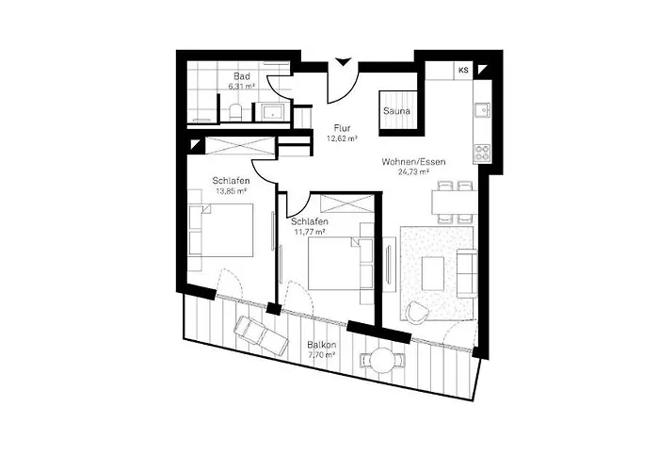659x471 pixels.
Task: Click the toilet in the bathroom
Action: [x=234, y=112]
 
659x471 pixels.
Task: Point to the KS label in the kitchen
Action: [x=463, y=71]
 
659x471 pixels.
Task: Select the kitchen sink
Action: [x=481, y=109]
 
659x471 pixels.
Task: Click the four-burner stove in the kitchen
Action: [x=481, y=152]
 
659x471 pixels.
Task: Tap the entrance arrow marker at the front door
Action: [x=343, y=64]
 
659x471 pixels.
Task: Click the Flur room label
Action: [x=343, y=127]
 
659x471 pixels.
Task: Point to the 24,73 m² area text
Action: [x=412, y=173]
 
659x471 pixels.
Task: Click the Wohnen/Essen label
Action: [x=413, y=162]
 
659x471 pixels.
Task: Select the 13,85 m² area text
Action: [x=231, y=191]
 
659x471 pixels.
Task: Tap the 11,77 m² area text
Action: [x=308, y=231]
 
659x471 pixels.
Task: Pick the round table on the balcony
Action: [x=382, y=358]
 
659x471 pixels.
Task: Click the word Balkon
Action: [x=320, y=345]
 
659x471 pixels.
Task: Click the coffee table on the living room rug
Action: [x=434, y=273]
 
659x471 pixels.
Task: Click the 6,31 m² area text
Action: [x=242, y=86]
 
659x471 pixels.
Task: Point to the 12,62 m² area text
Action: [x=342, y=138]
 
